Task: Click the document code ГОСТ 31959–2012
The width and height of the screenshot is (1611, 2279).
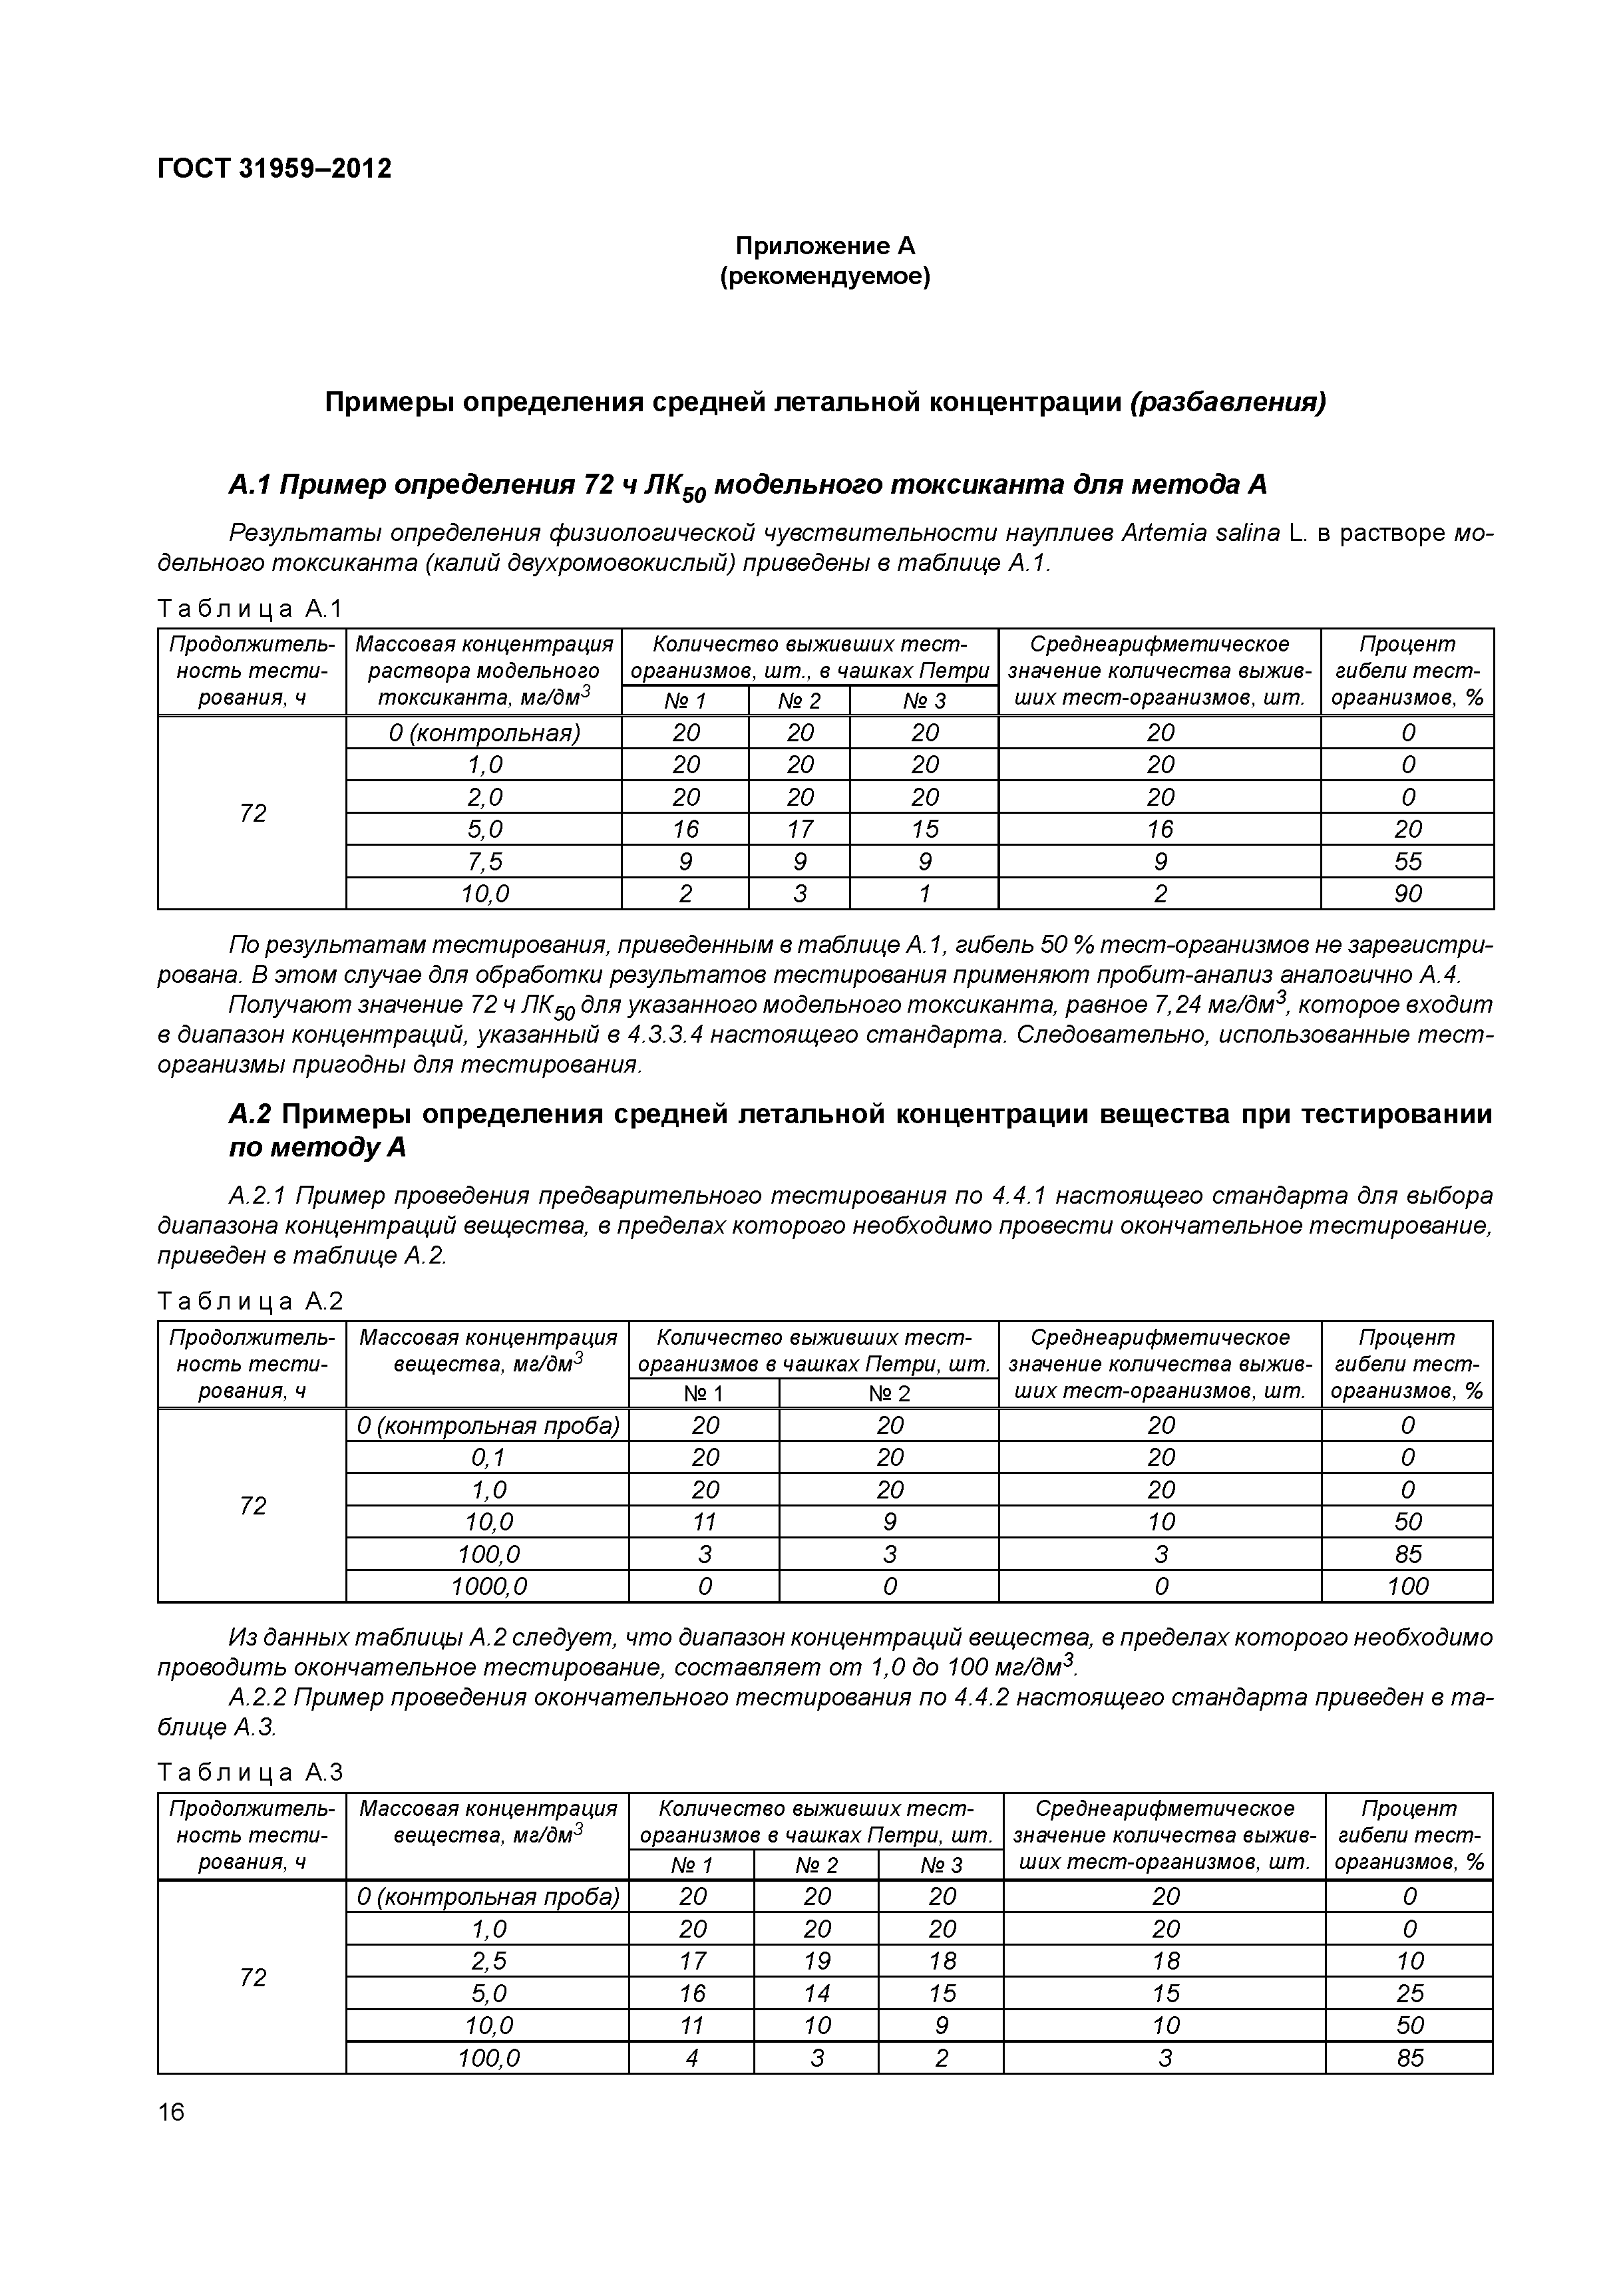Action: [274, 169]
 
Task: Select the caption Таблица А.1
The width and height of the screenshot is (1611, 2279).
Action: [250, 608]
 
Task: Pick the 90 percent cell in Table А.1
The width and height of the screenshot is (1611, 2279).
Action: [1407, 894]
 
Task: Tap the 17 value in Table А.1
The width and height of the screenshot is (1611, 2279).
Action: [799, 829]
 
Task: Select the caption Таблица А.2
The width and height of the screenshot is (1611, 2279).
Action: [250, 1302]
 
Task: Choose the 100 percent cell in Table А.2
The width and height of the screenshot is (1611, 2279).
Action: [1407, 1586]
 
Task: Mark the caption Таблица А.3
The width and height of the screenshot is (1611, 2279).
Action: [250, 1772]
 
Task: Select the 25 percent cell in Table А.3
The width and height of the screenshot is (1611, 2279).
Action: [1409, 1993]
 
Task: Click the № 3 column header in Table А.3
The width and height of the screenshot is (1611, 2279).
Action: [940, 1865]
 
